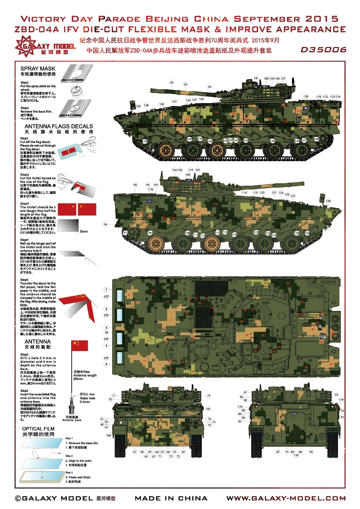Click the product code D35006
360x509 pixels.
[324, 49]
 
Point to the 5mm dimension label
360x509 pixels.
[84, 232]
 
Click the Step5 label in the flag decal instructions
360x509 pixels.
[24, 279]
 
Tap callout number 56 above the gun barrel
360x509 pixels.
[209, 87]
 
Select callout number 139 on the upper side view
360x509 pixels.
[144, 141]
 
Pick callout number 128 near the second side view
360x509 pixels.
[328, 201]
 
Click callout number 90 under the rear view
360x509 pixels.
[311, 452]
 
